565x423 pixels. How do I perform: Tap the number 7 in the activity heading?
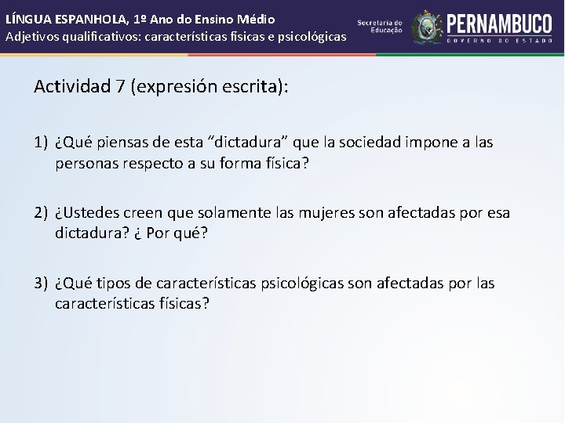click(120, 86)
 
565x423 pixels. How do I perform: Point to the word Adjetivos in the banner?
click(32, 36)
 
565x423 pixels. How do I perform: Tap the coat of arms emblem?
click(428, 27)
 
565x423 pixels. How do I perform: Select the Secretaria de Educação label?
click(380, 26)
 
